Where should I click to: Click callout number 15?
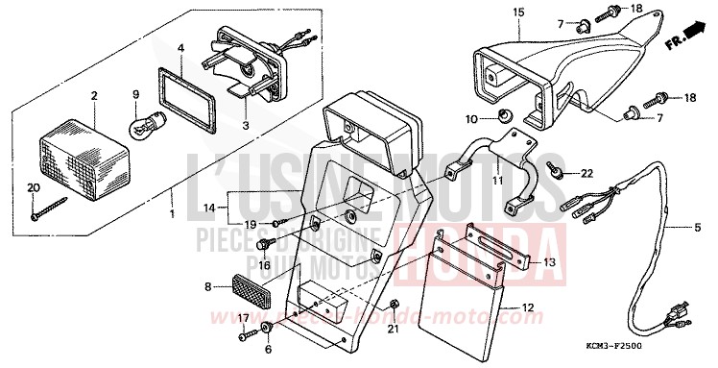(517, 12)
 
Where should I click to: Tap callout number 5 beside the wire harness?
(698, 228)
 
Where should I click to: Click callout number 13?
(549, 261)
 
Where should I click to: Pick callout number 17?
(243, 318)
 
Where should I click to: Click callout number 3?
(244, 125)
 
